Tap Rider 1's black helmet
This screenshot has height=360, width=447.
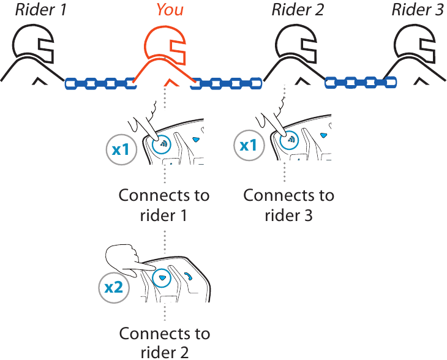point(34,46)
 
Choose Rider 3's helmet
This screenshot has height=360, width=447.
point(416,46)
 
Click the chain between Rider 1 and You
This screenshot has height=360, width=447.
point(100,82)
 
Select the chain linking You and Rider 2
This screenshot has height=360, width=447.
point(226,82)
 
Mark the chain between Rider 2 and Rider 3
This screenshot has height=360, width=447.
point(360,81)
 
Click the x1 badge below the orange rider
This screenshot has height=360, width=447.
point(121,148)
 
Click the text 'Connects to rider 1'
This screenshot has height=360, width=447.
point(164,205)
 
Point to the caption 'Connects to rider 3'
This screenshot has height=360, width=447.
point(289,205)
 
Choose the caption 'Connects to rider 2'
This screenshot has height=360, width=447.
point(164,342)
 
